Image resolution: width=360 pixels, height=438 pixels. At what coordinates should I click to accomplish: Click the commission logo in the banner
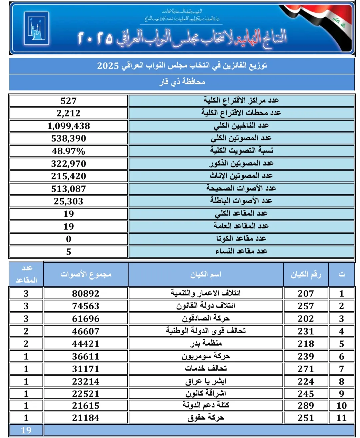tap(36, 28)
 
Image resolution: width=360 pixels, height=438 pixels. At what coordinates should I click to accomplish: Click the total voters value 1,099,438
tap(69, 126)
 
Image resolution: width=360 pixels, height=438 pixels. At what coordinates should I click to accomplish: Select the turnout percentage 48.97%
tap(69, 151)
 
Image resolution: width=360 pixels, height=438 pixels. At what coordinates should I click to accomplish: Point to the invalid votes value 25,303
tap(69, 201)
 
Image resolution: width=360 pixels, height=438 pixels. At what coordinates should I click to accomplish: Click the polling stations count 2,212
tap(69, 113)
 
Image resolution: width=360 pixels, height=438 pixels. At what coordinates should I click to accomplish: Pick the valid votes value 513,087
tap(69, 189)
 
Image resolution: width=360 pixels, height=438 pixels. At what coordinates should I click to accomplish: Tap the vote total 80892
tap(86, 294)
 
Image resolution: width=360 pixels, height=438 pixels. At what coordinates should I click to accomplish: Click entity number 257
tap(306, 306)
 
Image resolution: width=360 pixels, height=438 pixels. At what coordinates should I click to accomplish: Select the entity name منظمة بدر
tap(206, 343)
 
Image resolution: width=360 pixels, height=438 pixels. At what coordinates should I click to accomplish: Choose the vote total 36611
tap(86, 356)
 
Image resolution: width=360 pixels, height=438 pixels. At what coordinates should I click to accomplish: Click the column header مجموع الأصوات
tap(86, 274)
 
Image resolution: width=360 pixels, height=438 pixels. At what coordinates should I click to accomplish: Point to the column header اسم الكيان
tap(206, 274)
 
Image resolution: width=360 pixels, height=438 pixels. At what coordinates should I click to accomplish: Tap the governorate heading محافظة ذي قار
tap(182, 82)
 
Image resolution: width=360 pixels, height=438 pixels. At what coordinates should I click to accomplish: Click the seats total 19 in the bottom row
tap(26, 430)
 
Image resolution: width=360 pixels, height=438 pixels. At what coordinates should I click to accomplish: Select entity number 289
tap(306, 406)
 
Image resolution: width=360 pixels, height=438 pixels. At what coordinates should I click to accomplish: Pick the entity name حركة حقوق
tap(206, 418)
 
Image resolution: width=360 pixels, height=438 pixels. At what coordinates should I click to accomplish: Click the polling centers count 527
tap(69, 101)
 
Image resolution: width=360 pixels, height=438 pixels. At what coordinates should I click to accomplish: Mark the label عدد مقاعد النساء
tap(241, 251)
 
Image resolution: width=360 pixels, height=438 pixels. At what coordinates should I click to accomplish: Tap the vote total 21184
tap(86, 418)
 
